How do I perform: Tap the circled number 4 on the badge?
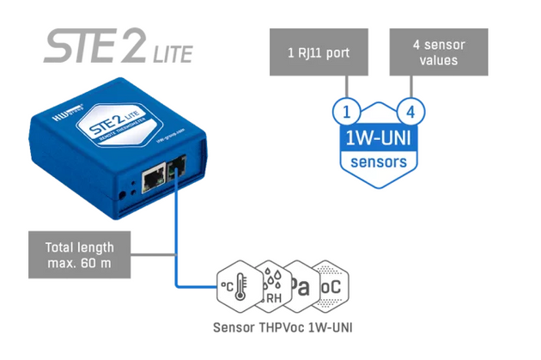[x=410, y=112]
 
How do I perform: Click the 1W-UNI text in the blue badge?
[x=378, y=138]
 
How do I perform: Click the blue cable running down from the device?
[x=176, y=232]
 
